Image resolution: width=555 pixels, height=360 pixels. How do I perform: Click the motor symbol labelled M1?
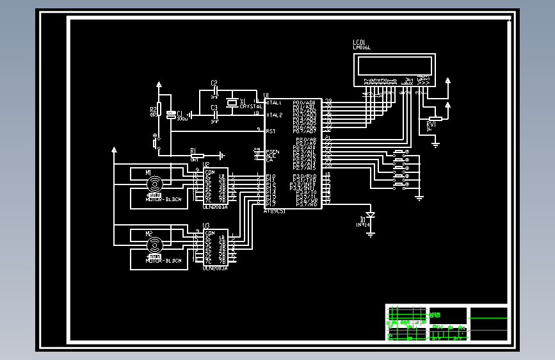tap(154, 184)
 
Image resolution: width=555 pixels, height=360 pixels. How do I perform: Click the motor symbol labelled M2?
tap(154, 245)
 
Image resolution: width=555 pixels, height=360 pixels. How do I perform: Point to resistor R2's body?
tap(159, 110)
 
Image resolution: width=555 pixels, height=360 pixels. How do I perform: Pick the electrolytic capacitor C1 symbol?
tap(171, 115)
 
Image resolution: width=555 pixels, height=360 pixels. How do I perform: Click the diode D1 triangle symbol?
tap(370, 215)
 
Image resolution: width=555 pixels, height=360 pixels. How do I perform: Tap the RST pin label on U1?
tap(270, 131)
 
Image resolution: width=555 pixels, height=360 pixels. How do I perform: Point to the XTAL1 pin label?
tap(273, 102)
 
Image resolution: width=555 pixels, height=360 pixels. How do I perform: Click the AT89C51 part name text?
tap(275, 211)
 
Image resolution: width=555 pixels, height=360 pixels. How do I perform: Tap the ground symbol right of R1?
tap(221, 155)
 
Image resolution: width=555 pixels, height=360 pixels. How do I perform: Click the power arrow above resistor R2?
tap(159, 84)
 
